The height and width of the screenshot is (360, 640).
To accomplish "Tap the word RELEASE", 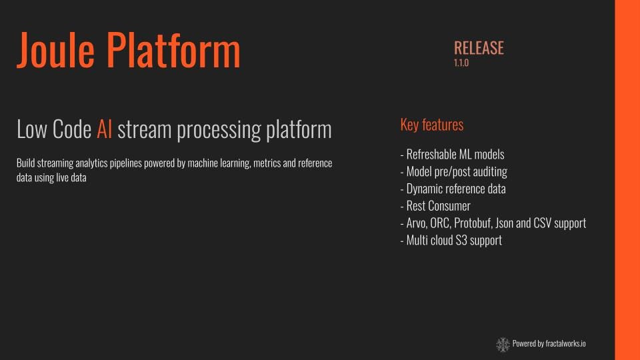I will point(479,48).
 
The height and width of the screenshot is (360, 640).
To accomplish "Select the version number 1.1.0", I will point(461,63).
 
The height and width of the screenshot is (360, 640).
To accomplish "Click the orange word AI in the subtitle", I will point(104,129).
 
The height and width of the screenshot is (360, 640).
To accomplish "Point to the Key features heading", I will point(431,125).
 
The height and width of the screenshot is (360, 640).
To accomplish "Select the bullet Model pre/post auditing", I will point(453,171).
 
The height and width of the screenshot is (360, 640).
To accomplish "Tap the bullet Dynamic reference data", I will point(453,189).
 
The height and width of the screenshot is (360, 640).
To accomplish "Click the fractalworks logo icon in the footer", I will point(503,344).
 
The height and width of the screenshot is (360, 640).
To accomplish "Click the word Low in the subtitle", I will point(31,129).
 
